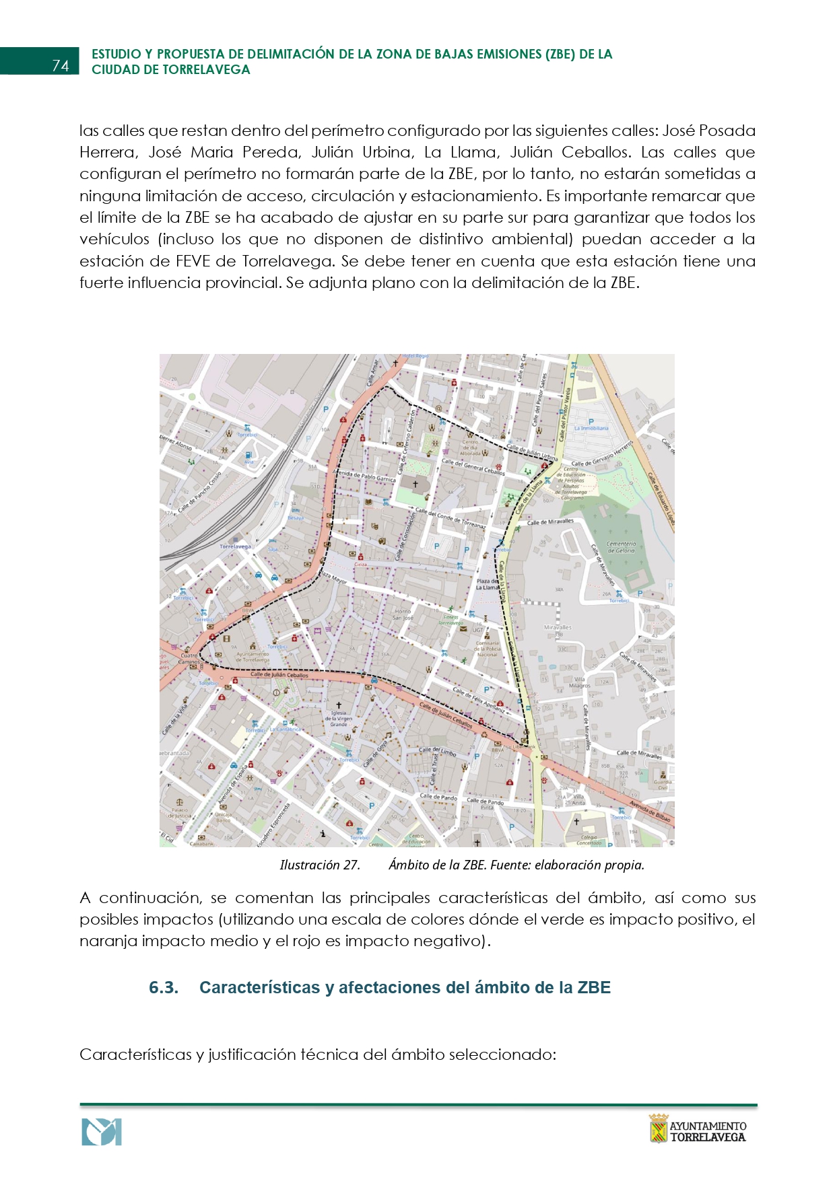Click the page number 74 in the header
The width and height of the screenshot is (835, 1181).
point(60,65)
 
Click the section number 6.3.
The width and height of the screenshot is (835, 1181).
point(164,988)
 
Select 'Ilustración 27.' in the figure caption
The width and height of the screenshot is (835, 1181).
point(320,865)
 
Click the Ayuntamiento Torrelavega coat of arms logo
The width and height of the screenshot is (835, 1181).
point(657,1129)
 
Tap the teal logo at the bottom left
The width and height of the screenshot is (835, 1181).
point(102,1132)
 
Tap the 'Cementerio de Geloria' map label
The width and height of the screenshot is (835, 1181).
point(621,547)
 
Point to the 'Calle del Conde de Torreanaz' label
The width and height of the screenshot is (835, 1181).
point(450,518)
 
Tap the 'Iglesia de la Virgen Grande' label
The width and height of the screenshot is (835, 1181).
point(339,719)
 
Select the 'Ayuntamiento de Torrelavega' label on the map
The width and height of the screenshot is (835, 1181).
point(253,657)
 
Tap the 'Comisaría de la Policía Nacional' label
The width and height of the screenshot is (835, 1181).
point(487,649)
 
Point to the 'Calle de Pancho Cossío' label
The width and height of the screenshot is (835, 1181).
point(200,493)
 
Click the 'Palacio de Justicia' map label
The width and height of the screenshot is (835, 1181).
point(180,813)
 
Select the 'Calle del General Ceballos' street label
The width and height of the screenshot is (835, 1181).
point(473,466)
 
